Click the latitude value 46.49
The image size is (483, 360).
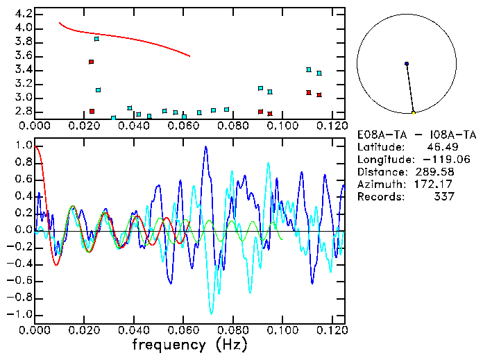[x=438, y=147]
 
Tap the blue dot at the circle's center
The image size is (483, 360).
[x=407, y=64]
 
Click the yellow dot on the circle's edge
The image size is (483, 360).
[x=413, y=112]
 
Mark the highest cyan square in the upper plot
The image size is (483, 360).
[x=96, y=39]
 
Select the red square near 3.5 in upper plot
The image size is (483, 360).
[x=91, y=62]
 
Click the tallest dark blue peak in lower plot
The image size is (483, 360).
[x=205, y=147]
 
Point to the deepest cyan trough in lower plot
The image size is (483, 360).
[x=212, y=314]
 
